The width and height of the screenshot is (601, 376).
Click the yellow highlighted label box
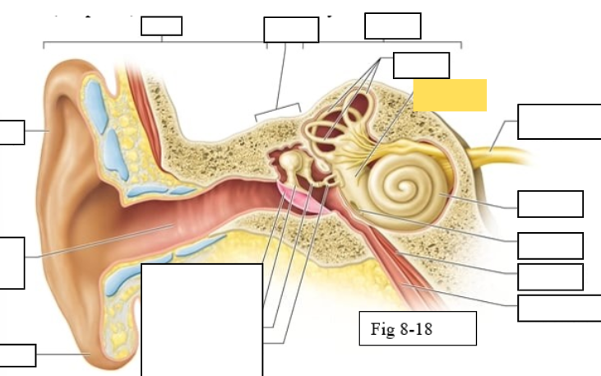450,95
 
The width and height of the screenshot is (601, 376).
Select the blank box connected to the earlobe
17,355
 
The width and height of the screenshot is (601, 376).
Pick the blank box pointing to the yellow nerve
559,122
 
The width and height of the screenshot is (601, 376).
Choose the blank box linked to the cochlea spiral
550,203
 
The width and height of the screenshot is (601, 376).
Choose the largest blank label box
202,319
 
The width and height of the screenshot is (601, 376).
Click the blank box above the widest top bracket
161,26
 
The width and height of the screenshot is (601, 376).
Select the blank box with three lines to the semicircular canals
421,65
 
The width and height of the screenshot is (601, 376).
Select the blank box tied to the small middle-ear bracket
290,30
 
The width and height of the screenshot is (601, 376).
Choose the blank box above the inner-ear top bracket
392,26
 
